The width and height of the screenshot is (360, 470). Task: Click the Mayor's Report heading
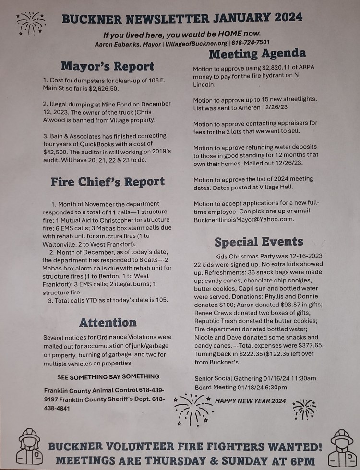(108, 66)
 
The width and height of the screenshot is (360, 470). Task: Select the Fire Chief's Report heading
(108, 182)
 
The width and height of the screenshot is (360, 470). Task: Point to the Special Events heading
(259, 241)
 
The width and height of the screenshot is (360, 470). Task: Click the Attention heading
(108, 322)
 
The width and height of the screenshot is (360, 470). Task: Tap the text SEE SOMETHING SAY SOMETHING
(108, 376)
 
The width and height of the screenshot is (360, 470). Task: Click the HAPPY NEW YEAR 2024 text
(250, 400)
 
